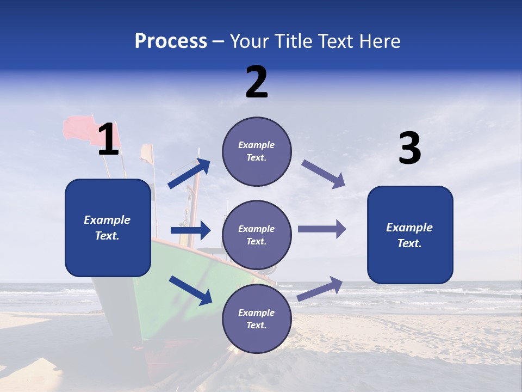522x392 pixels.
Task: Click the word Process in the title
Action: [171, 41]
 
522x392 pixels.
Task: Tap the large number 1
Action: [108, 139]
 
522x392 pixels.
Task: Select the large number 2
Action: [257, 82]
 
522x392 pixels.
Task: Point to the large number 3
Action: [409, 149]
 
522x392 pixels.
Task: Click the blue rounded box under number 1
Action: [108, 228]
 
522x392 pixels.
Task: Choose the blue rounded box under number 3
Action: [410, 235]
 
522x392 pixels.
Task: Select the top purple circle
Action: [257, 151]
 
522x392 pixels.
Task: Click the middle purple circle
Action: [257, 235]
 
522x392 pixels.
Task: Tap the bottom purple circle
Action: [257, 319]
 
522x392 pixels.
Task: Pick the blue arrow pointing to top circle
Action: [189, 174]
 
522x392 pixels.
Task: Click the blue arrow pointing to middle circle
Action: [190, 230]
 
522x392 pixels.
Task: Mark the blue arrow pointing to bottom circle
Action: [190, 290]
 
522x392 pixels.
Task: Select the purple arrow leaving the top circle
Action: [324, 174]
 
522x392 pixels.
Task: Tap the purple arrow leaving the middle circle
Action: [322, 229]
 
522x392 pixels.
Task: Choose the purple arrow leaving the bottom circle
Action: [320, 289]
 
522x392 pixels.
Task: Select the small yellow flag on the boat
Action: [146, 154]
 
